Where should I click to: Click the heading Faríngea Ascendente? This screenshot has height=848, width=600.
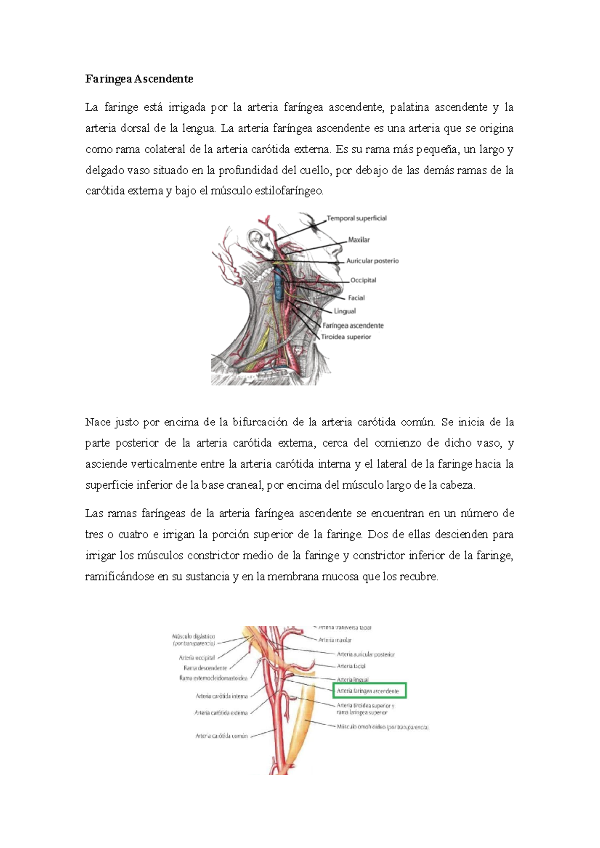[x=139, y=79]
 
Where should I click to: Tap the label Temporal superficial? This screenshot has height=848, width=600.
[x=356, y=218]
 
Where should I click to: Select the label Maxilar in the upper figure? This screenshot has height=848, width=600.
[x=359, y=240]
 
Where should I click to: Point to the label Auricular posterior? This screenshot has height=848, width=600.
[x=372, y=261]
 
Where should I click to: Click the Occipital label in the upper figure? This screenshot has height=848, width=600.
[x=363, y=280]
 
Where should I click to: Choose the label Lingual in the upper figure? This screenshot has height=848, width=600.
[x=345, y=311]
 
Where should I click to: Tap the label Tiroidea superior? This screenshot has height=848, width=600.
[x=346, y=337]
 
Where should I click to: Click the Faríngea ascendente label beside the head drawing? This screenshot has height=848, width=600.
[x=353, y=326]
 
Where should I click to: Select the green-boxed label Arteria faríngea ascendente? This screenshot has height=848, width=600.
[x=369, y=691]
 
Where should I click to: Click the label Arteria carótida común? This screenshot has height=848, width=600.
[x=221, y=736]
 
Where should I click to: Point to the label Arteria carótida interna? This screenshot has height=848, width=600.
[x=221, y=696]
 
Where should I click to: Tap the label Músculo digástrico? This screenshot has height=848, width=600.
[x=193, y=637]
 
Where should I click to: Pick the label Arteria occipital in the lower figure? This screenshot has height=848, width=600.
[x=197, y=658]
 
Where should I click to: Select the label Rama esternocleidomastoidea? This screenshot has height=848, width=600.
[x=213, y=678]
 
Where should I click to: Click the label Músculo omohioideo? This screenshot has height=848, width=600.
[x=382, y=727]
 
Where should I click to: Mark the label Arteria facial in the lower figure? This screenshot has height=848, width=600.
[x=351, y=666]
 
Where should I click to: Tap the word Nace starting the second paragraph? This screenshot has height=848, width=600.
[x=97, y=422]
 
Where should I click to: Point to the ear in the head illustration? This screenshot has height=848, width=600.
[x=258, y=241]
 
